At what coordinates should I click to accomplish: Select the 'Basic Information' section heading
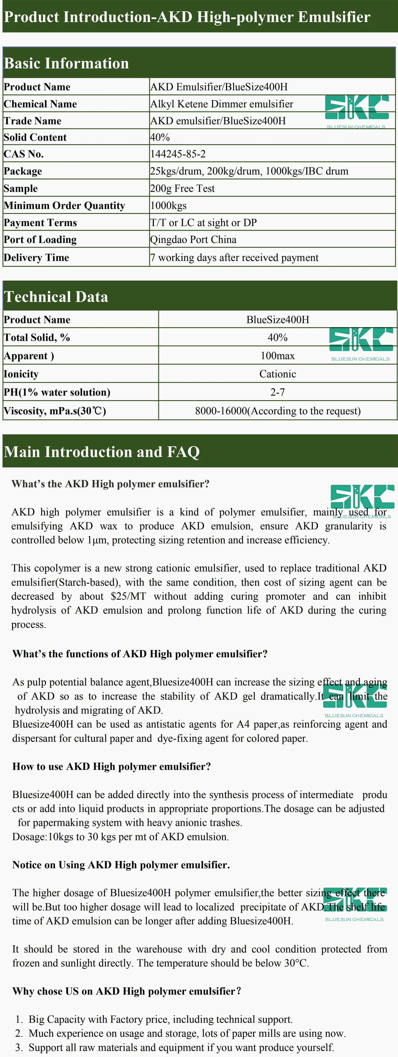click(66, 64)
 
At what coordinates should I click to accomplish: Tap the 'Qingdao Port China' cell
click(193, 240)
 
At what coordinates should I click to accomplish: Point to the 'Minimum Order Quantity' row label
click(64, 206)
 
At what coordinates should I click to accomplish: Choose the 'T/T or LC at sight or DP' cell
click(204, 223)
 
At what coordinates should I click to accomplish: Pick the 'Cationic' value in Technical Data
click(277, 374)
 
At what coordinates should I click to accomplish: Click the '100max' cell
click(277, 356)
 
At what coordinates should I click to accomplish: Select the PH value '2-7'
click(277, 392)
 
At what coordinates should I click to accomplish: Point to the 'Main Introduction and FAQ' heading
click(102, 452)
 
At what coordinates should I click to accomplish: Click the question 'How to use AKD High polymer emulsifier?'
click(111, 767)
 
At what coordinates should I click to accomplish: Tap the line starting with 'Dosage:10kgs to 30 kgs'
click(121, 837)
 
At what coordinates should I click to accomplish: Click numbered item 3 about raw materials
click(181, 1047)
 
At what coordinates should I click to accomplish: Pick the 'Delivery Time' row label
click(36, 258)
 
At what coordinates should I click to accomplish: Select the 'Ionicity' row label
click(21, 374)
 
